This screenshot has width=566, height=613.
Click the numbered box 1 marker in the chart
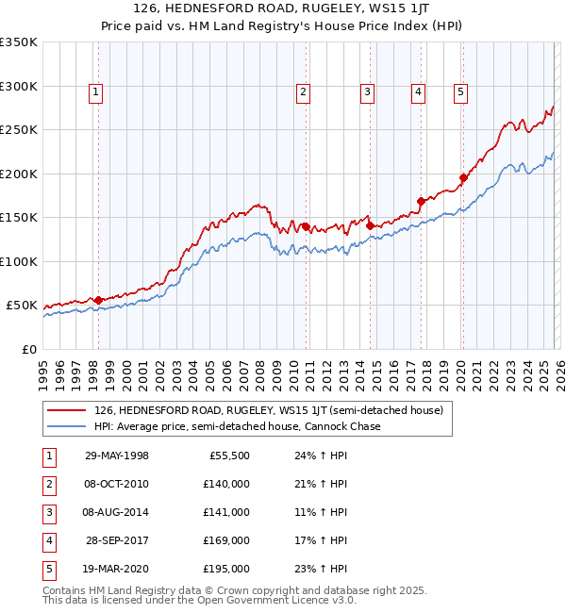[x=97, y=92]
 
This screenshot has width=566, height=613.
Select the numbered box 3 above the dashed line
[x=366, y=92]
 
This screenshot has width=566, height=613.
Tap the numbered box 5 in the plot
[x=460, y=92]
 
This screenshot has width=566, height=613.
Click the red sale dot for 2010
[x=306, y=226]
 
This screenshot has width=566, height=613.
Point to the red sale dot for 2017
[x=421, y=201]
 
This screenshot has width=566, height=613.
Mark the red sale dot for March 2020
[x=463, y=178]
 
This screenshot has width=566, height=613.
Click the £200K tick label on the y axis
[x=19, y=174]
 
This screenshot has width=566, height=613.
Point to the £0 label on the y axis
[x=28, y=349]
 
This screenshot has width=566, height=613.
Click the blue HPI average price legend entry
[x=237, y=426]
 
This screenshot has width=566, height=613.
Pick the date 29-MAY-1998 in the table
[x=117, y=456]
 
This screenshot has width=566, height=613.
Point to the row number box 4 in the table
[x=48, y=540]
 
